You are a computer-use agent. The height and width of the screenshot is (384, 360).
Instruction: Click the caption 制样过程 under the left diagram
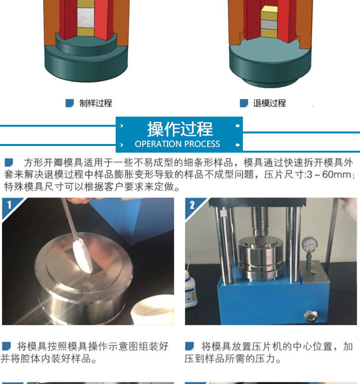point(96,103)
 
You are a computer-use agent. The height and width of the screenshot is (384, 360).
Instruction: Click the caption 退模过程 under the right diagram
point(269,103)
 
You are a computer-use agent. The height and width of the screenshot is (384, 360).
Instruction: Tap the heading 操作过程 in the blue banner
point(180,129)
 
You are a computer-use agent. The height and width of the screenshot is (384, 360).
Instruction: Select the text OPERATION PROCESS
point(177,144)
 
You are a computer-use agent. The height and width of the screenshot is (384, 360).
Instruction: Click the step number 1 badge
point(9,205)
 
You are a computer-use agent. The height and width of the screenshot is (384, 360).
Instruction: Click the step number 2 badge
point(192,205)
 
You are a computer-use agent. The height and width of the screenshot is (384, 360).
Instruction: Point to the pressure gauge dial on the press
point(310,244)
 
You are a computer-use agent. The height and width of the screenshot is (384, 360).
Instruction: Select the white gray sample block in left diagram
point(85,18)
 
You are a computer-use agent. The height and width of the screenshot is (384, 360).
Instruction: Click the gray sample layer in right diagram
point(269,25)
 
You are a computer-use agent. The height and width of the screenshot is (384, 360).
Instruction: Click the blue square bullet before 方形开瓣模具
point(9,163)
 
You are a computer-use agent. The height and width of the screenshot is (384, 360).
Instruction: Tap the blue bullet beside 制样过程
point(70,103)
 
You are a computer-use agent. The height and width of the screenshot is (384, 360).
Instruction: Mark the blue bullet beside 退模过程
point(244,103)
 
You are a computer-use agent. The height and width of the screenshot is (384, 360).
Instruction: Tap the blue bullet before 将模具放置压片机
point(189,346)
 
